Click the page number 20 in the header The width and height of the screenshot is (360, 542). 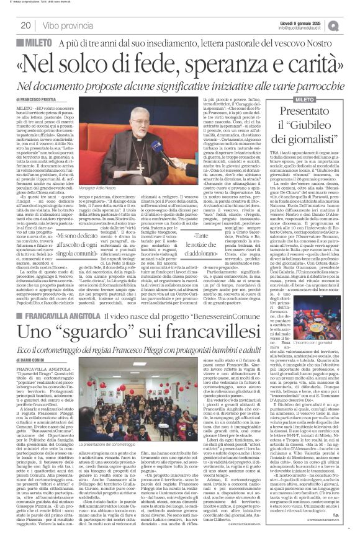pos(25,25)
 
